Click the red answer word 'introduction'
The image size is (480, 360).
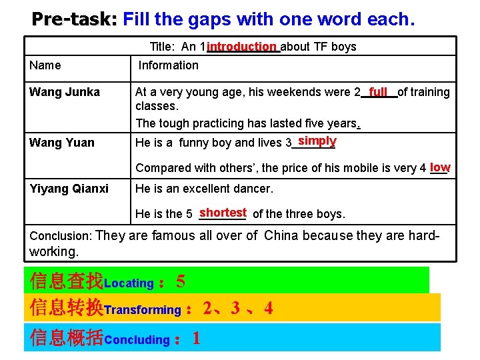[x=241, y=46]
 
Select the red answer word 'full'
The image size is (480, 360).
[x=378, y=91]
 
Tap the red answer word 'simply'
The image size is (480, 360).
[x=317, y=141]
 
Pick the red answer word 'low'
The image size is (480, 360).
[x=440, y=167]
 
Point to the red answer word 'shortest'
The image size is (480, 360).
[x=223, y=213]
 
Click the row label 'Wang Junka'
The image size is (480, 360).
[x=65, y=92]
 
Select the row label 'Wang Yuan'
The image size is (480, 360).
[x=62, y=143]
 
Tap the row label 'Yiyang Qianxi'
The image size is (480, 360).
[x=69, y=189]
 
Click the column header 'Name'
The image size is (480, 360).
[x=45, y=65]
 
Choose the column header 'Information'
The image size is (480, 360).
[x=168, y=65]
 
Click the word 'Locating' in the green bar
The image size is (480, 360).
[x=129, y=283]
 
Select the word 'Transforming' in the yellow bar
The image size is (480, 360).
[x=142, y=310]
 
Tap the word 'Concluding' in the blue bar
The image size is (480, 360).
[x=137, y=340]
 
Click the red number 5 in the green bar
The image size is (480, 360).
[x=181, y=282]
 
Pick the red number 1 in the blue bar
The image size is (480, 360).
[x=196, y=339]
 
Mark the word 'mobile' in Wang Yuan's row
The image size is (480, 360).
[x=347, y=168]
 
